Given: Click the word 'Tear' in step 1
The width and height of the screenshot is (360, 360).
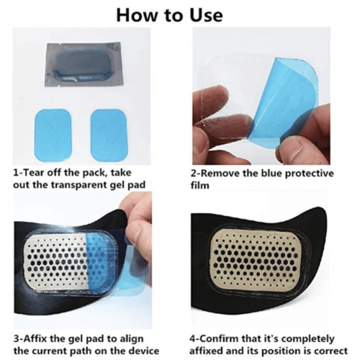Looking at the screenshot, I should (x=37, y=174).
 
